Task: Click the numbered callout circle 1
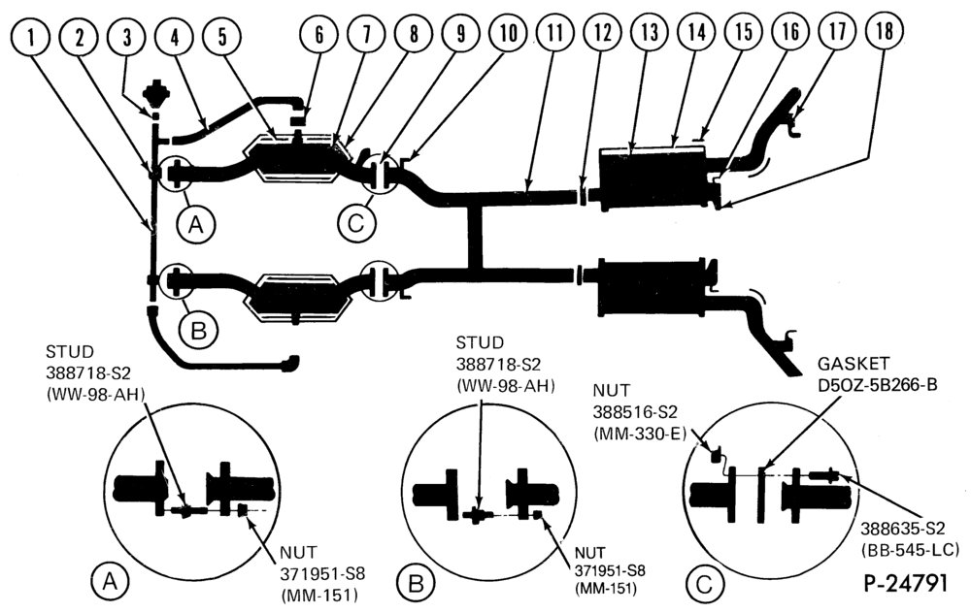30,37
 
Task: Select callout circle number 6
318,34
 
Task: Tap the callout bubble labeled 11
555,32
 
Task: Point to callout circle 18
885,31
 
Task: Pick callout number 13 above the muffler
650,32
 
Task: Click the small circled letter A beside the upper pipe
196,225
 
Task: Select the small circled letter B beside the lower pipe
198,331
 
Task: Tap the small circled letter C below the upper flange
356,223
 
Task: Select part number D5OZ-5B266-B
878,385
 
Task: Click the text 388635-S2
902,529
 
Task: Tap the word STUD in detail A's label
70,352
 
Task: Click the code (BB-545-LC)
910,549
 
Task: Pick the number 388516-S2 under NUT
635,412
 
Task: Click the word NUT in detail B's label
589,553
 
